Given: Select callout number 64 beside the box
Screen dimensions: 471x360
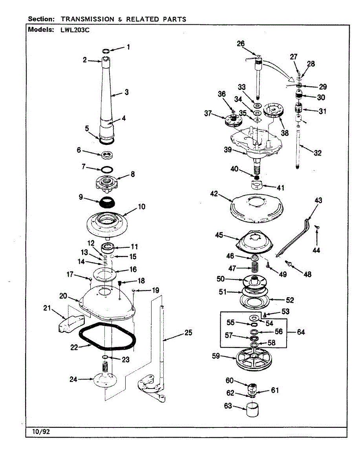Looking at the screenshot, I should (300, 332).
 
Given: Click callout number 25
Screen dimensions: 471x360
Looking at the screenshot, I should (188, 333).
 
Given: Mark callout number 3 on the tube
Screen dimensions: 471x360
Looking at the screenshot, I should (126, 92).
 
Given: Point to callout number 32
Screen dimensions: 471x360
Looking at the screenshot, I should (317, 153).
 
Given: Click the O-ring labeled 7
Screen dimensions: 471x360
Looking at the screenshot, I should (106, 170).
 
